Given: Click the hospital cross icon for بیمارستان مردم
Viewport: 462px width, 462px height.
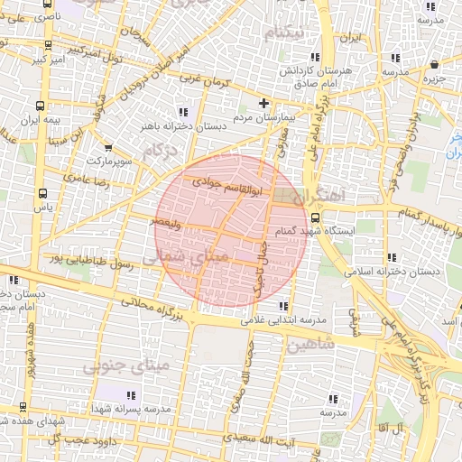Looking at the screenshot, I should (x=263, y=103).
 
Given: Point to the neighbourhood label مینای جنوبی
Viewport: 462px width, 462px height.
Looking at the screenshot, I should (x=125, y=365).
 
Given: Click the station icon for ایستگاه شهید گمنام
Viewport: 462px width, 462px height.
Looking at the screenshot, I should (x=314, y=217).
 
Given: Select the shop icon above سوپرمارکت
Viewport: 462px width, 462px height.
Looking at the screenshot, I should (x=108, y=148).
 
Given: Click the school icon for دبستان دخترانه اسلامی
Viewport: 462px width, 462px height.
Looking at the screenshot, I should (x=390, y=256).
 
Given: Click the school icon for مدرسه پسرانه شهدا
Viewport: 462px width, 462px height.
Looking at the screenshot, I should (x=132, y=395).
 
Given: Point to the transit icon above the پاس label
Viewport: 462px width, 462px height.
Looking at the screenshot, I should (x=42, y=193).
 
